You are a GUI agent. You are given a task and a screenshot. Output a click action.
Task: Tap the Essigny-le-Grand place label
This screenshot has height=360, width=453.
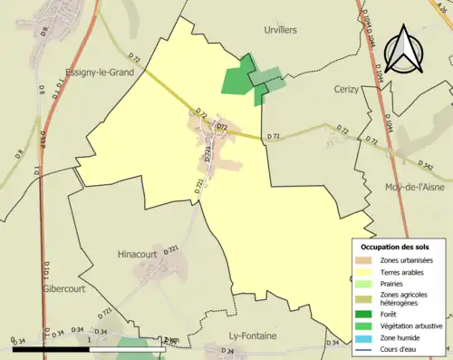click(101, 73)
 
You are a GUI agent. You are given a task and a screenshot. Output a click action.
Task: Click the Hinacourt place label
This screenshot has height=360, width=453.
click(140, 257)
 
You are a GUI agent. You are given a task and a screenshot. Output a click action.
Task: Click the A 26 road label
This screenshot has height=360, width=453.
click(442, 6)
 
